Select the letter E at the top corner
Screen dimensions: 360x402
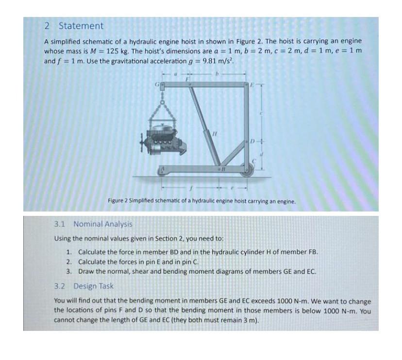click(252, 84)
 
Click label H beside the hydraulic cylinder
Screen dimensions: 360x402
click(214, 132)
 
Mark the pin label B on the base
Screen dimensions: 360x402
click(224, 169)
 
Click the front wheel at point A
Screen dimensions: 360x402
click(163, 170)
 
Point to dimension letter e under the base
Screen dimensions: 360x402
click(237, 187)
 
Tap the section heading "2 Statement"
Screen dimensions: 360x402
click(73, 26)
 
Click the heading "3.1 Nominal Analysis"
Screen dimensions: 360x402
click(93, 224)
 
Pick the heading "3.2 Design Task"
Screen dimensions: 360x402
click(84, 286)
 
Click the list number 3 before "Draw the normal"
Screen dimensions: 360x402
click(69, 271)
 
